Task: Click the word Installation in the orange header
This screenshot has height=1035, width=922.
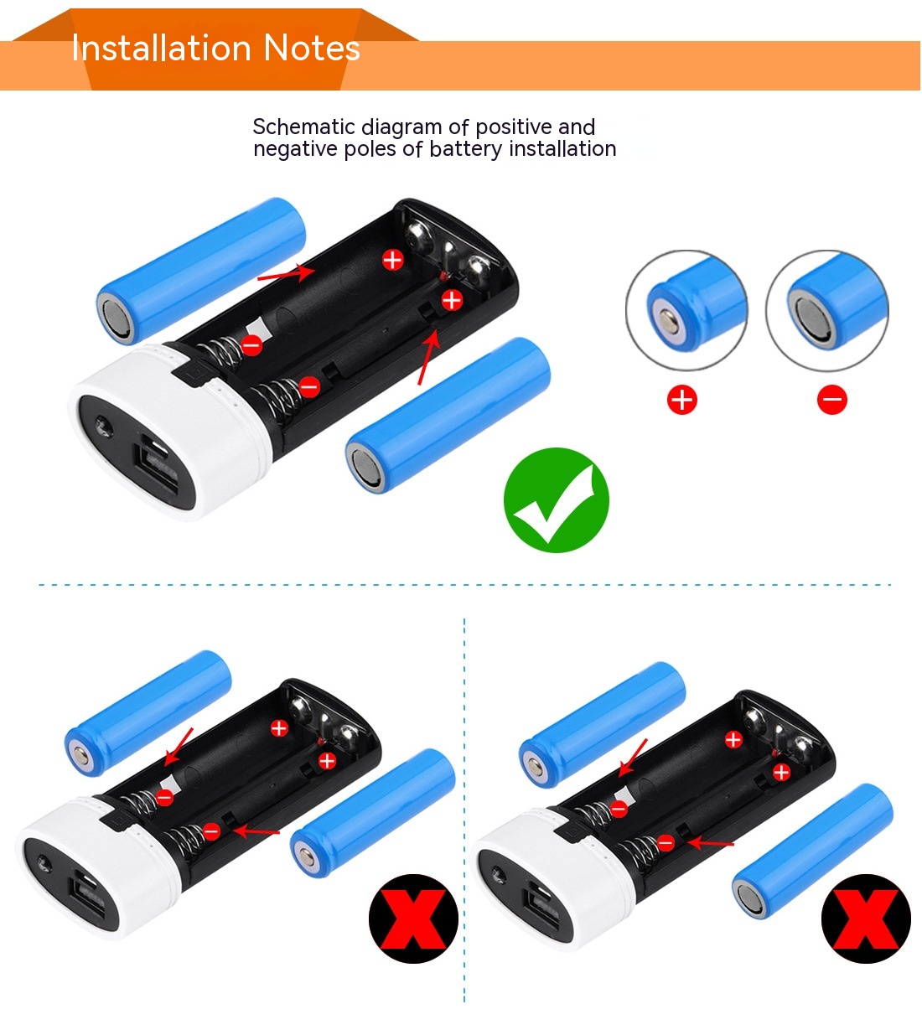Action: point(161,48)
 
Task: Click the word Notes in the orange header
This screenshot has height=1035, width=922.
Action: point(312,48)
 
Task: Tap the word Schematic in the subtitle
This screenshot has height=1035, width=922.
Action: point(303,127)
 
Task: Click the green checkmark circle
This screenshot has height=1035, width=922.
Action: point(556,500)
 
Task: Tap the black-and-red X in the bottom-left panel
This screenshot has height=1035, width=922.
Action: point(413,918)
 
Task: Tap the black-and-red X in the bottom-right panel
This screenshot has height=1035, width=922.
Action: point(866,918)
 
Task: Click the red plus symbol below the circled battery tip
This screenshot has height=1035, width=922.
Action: point(682,400)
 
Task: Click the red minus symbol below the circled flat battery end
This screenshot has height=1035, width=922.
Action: point(832,400)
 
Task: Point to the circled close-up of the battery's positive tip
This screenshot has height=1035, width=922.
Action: point(687,310)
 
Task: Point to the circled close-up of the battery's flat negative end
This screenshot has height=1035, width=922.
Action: point(827,310)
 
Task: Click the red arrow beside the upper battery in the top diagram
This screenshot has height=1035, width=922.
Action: point(286,273)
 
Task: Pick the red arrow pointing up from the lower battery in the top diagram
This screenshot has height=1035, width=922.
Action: point(429,356)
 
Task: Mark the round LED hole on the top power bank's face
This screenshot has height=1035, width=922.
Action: point(104,426)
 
